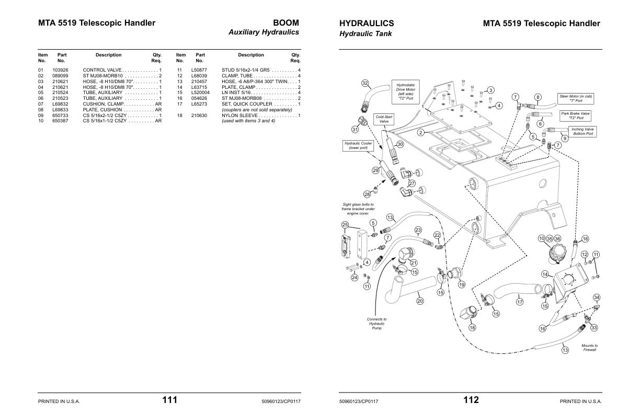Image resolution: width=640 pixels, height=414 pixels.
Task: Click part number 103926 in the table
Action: click(x=60, y=70)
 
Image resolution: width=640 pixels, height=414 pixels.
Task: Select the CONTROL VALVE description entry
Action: click(x=102, y=70)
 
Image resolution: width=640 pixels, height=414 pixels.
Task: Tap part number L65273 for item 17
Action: click(x=199, y=104)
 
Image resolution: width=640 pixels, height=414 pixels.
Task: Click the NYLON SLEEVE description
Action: click(x=240, y=116)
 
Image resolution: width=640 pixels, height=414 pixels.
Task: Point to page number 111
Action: click(x=169, y=400)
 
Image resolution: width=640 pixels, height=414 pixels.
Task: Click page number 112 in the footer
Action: click(x=471, y=400)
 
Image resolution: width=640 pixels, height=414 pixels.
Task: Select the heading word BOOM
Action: click(x=286, y=23)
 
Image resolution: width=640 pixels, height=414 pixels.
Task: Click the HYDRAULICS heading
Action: click(x=367, y=23)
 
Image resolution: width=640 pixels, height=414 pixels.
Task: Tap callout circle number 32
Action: click(x=365, y=83)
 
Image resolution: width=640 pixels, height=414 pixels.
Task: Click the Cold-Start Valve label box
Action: click(x=384, y=119)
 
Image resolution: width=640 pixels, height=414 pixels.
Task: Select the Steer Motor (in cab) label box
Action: click(x=576, y=98)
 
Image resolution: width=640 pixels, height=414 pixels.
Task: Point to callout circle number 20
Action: click(x=420, y=301)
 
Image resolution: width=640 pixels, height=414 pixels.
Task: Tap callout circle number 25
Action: click(x=345, y=225)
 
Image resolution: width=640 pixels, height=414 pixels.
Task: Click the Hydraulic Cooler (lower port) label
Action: click(x=358, y=145)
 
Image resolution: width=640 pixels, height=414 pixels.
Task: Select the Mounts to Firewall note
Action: click(x=589, y=348)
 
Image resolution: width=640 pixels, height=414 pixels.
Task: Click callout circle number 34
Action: click(x=596, y=297)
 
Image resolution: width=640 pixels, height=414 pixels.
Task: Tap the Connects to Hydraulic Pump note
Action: click(x=376, y=324)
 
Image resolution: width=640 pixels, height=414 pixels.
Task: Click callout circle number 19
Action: click(x=462, y=285)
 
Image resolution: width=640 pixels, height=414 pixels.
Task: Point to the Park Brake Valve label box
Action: click(x=575, y=116)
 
